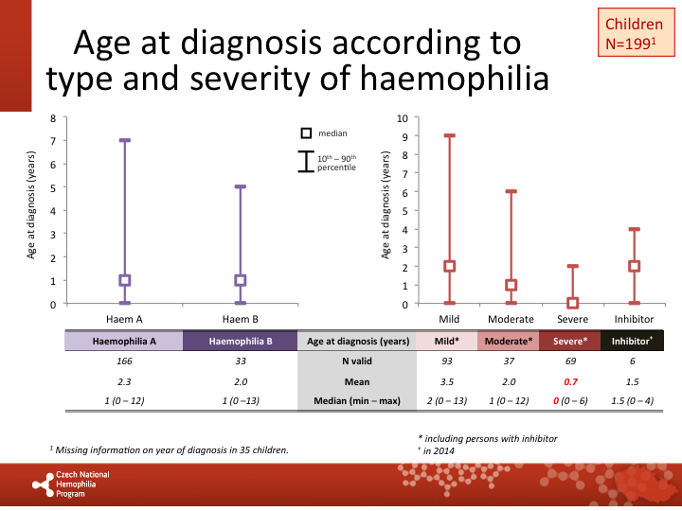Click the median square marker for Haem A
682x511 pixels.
click(x=124, y=280)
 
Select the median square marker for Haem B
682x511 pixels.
click(x=240, y=280)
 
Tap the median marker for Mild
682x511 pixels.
click(x=449, y=267)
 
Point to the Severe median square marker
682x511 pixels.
click(x=572, y=304)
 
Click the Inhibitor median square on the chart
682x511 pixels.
click(x=634, y=267)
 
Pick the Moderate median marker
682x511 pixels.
click(x=511, y=285)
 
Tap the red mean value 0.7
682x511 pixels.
click(x=570, y=381)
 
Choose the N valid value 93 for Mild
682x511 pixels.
click(x=446, y=361)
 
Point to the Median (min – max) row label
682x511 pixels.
click(x=356, y=401)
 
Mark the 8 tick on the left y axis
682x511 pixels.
click(x=54, y=117)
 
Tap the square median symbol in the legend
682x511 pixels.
click(x=306, y=133)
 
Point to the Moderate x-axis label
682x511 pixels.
click(x=511, y=320)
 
